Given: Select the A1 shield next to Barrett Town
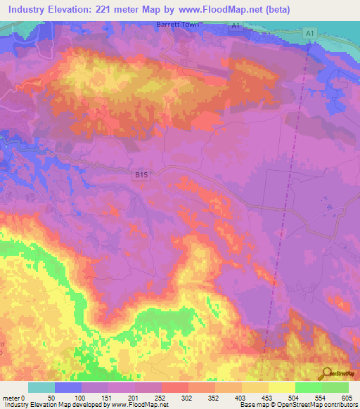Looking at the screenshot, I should pos(236,25).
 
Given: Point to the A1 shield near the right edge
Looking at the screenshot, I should pos(310,34).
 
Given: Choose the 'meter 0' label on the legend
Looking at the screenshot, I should pos(13,397).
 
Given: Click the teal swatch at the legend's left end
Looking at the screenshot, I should pos(41,387).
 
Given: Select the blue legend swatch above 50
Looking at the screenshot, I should pos(67,387).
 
